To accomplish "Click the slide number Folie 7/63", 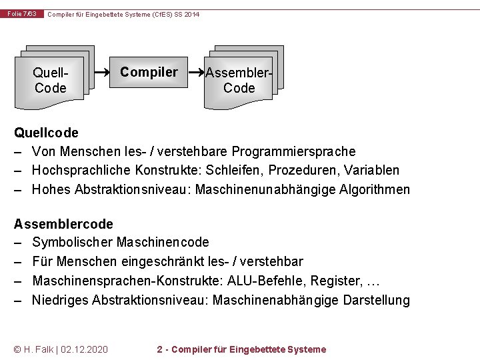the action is (23, 14).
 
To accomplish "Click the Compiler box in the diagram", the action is (149, 72).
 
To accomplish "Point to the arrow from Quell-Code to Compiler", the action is (103, 71).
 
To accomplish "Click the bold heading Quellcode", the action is (46, 133).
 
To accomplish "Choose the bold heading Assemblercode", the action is (63, 224).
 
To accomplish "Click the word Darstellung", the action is (376, 300).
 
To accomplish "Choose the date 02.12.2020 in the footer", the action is (85, 349).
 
